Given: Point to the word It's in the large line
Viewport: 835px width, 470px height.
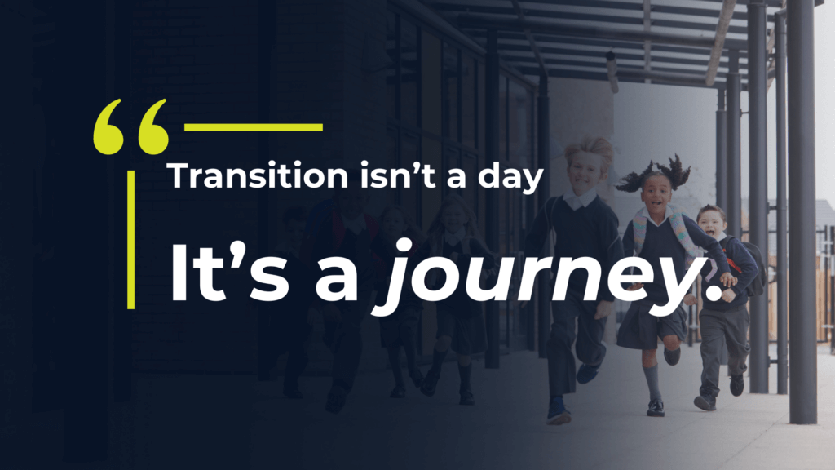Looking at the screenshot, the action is click(229, 273).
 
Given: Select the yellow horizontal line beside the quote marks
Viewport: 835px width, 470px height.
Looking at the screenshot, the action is click(254, 127).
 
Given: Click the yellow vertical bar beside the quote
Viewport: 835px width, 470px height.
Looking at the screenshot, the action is click(131, 239).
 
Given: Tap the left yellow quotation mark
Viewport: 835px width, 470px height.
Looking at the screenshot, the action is click(108, 126).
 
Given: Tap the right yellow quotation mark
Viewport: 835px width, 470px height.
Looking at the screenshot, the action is click(153, 126).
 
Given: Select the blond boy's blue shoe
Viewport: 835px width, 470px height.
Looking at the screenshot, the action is click(557, 412).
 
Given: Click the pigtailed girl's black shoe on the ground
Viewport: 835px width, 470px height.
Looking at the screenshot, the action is click(656, 408).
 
